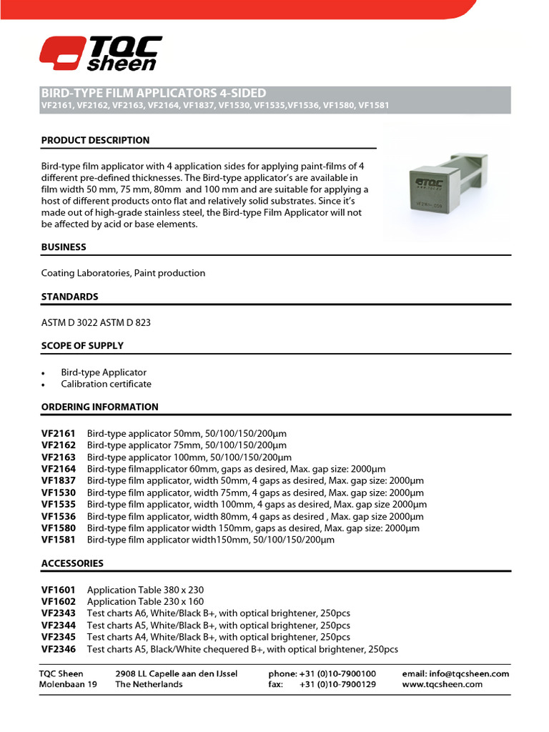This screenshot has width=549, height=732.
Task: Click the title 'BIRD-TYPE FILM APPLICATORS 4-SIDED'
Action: (x=154, y=93)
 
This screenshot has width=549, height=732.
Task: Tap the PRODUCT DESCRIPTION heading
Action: (x=95, y=140)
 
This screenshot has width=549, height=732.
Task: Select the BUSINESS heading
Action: (x=64, y=247)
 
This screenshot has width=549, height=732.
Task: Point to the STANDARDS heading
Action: (x=69, y=296)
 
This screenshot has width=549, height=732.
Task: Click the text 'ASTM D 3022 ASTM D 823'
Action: (x=96, y=322)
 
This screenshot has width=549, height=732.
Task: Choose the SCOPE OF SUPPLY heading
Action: (x=82, y=345)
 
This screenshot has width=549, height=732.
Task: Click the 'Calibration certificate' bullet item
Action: (x=106, y=384)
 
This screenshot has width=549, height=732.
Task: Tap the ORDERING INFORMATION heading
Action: (x=99, y=407)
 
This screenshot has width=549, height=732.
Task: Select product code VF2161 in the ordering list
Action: (x=57, y=434)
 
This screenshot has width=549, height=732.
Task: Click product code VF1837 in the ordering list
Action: (x=57, y=481)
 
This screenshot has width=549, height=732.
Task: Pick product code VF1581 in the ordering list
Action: (x=57, y=540)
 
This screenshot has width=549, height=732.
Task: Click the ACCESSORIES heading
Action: (x=72, y=563)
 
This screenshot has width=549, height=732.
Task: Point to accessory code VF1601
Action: (x=57, y=590)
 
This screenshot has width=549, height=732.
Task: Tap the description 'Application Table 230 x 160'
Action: (x=145, y=602)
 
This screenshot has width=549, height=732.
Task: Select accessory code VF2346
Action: (x=57, y=649)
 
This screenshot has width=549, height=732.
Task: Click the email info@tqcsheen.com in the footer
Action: (x=455, y=673)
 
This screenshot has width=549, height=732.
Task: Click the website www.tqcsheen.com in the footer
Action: (x=442, y=684)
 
